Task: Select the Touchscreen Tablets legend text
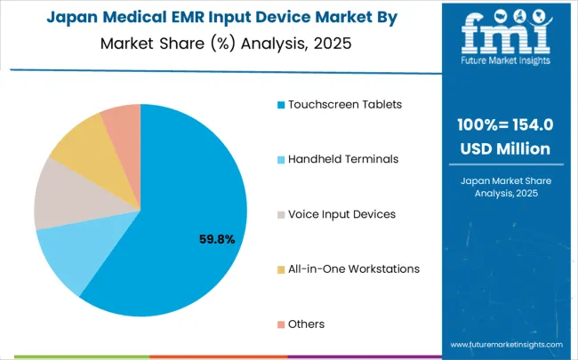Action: (x=344, y=104)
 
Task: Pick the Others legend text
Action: (x=306, y=324)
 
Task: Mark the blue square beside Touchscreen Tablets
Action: (x=281, y=105)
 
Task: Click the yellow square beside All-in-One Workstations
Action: (x=281, y=269)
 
